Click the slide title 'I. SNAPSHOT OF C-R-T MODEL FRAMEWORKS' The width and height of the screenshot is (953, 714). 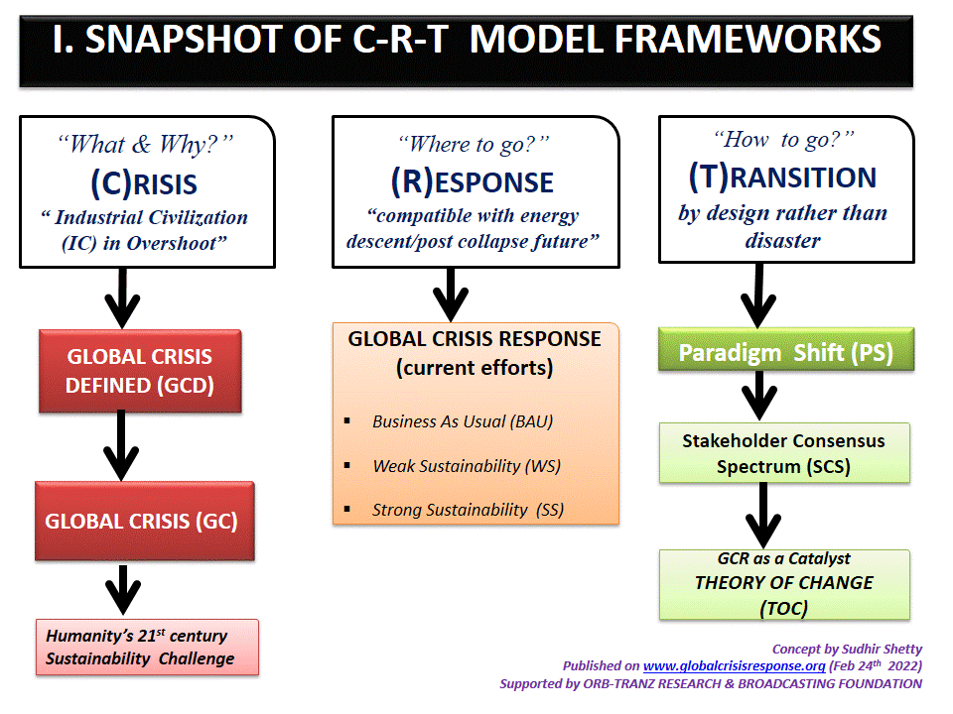click(467, 40)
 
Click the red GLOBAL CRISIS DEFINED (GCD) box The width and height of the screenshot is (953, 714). click(139, 371)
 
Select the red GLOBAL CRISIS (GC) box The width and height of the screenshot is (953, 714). click(145, 521)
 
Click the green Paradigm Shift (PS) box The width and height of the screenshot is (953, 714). click(784, 353)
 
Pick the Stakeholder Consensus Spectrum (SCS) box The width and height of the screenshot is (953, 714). click(784, 453)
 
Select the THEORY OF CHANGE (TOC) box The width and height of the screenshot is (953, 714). click(784, 583)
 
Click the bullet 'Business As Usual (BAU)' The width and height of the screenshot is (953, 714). click(463, 421)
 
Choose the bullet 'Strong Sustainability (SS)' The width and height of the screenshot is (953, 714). click(468, 510)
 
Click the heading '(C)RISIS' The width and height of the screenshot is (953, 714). click(144, 182)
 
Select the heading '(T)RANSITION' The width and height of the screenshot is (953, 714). click(782, 177)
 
